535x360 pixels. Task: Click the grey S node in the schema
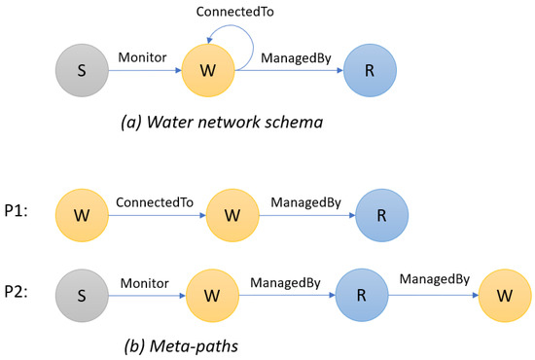pos(81,72)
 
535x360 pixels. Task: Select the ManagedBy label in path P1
pos(305,201)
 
